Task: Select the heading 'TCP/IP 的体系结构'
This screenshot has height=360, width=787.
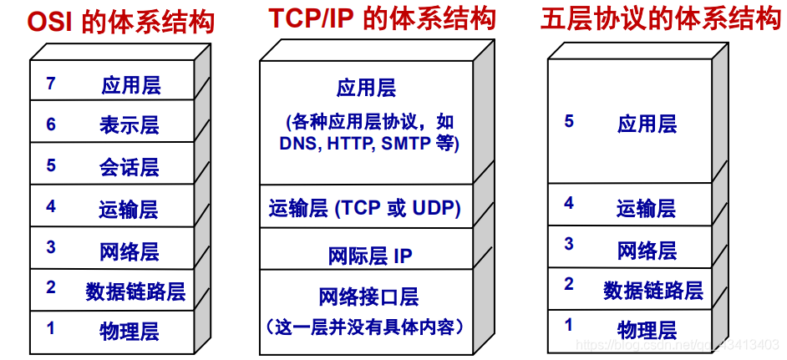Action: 382,18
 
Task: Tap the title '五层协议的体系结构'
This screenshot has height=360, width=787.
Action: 661,19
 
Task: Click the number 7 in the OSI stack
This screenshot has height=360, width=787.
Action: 52,84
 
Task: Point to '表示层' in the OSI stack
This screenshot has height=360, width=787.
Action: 129,125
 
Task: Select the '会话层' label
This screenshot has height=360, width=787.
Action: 129,167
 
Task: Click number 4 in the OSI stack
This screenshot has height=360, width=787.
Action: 51,206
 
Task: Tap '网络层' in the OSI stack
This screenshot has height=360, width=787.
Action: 129,251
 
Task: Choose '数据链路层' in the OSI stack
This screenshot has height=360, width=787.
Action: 135,291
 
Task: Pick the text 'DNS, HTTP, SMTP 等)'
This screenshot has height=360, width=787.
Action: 368,144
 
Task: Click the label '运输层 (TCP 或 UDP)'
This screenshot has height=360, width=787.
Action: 365,207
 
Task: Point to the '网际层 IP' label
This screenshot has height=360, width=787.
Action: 370,255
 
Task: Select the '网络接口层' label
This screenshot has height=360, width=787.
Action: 368,296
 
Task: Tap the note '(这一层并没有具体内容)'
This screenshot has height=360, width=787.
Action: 365,325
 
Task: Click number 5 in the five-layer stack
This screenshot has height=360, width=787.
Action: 569,122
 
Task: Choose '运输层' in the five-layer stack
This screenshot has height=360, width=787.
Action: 647,207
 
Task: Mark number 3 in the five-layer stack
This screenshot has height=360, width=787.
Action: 569,244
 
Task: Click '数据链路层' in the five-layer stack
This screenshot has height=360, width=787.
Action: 653,291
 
